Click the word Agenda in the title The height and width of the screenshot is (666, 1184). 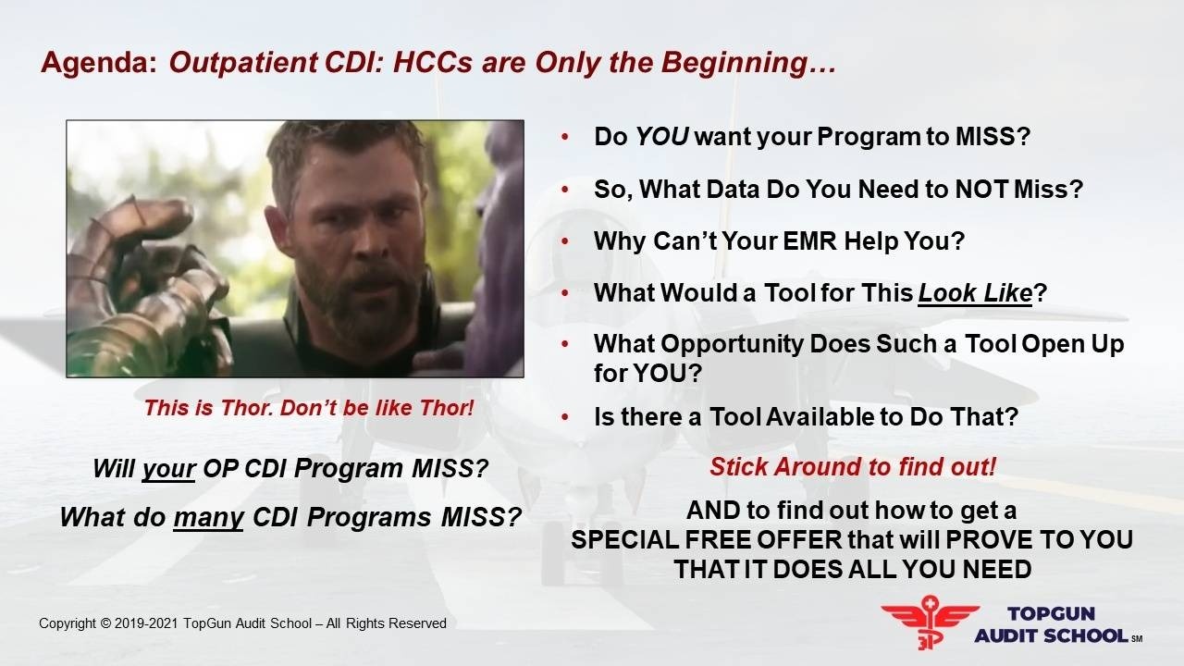(99, 63)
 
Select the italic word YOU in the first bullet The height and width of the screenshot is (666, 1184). (661, 136)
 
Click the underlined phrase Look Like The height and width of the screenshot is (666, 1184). (975, 293)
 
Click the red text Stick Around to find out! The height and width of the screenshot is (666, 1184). (853, 467)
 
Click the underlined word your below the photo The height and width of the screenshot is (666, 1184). (168, 469)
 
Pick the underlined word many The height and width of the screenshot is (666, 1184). (208, 517)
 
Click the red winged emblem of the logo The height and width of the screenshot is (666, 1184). (930, 622)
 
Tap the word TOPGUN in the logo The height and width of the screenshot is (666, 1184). (1051, 613)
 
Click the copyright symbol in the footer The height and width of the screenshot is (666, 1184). (105, 623)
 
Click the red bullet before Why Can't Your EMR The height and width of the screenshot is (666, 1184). (565, 241)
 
